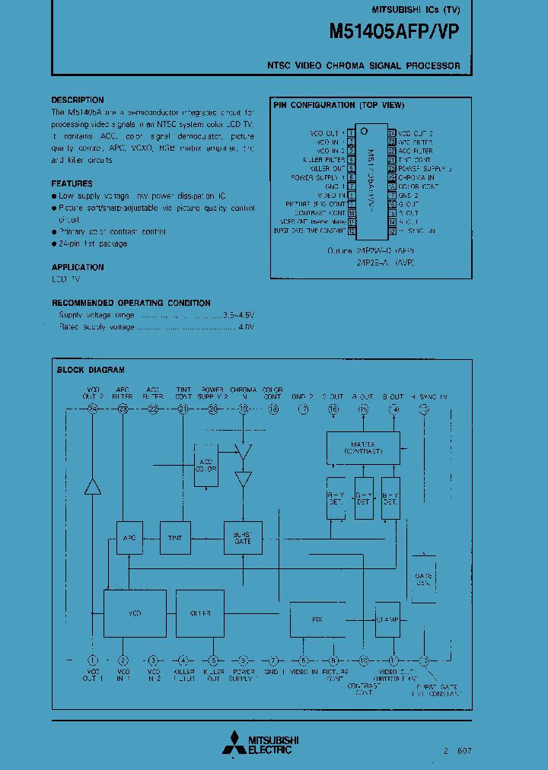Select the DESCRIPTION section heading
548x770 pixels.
pyautogui.click(x=78, y=100)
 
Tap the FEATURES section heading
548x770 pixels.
pyautogui.click(x=72, y=184)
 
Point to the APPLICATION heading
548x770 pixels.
pyautogui.click(x=78, y=268)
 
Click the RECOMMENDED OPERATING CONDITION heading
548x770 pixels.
pyautogui.click(x=131, y=303)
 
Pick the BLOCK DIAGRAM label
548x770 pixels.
pyautogui.click(x=91, y=370)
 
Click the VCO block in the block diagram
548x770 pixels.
pyautogui.click(x=135, y=613)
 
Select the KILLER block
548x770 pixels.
pyautogui.click(x=199, y=613)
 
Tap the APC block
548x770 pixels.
pyautogui.click(x=129, y=537)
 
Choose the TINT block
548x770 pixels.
pyautogui.click(x=175, y=537)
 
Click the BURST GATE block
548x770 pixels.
pyautogui.click(x=243, y=537)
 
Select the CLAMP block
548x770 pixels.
pyautogui.click(x=387, y=620)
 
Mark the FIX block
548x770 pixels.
pyautogui.click(x=318, y=620)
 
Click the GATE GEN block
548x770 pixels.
pyautogui.click(x=423, y=580)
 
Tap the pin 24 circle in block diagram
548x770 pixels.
pyautogui.click(x=93, y=409)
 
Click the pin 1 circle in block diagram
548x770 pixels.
pyautogui.click(x=93, y=660)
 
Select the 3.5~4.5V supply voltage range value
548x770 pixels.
pyautogui.click(x=238, y=314)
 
